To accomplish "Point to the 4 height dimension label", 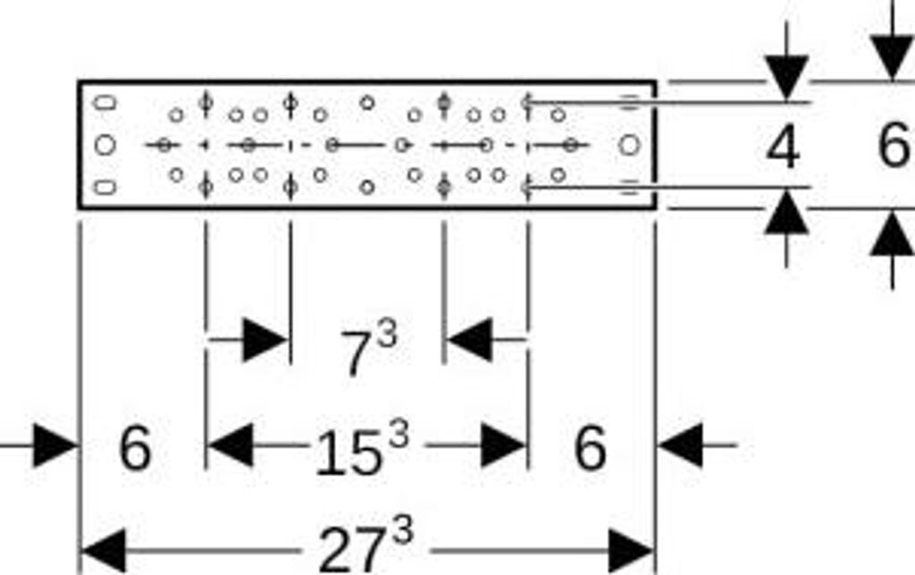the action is coord(783,148).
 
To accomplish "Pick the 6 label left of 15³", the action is coord(135,448).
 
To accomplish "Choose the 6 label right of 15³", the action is coord(590,448).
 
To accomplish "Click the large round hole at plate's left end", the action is coord(105,144).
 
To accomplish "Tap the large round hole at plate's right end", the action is coord(630,144).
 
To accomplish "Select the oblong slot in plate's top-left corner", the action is coord(105,102).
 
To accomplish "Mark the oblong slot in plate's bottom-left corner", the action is coord(105,187).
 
